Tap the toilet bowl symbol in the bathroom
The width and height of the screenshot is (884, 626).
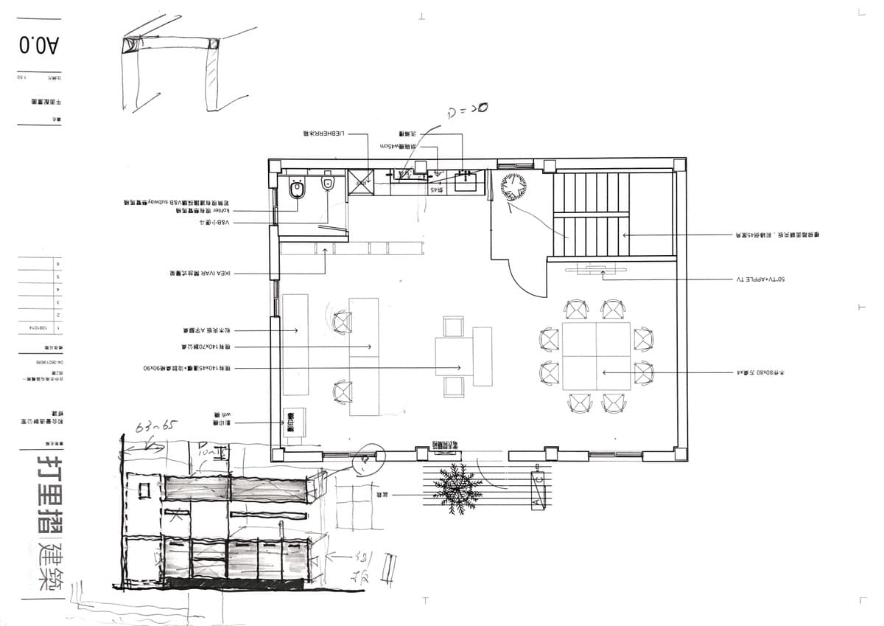pyautogui.click(x=298, y=189)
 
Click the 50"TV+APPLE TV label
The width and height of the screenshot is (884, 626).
pyautogui.click(x=760, y=280)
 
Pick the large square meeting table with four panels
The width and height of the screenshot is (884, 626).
pyautogui.click(x=596, y=355)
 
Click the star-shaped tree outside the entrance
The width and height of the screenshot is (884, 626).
pyautogui.click(x=457, y=487)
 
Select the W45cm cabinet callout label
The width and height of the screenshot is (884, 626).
pyautogui.click(x=398, y=146)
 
